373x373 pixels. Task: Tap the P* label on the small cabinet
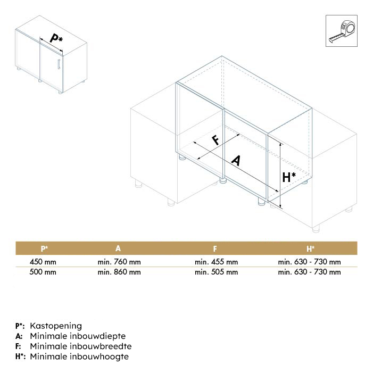(x=55, y=38)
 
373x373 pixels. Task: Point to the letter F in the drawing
(x=216, y=140)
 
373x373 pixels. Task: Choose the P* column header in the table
(x=44, y=248)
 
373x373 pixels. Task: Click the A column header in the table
(x=119, y=248)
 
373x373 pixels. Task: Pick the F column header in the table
(x=215, y=248)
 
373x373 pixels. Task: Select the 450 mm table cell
(x=43, y=262)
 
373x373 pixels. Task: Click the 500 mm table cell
(x=43, y=272)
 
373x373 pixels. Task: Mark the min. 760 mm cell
(x=119, y=262)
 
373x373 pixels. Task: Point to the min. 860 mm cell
(x=119, y=272)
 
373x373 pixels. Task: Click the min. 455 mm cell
(x=216, y=262)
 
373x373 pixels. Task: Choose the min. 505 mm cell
(x=216, y=272)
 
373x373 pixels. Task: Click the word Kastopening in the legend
(x=56, y=326)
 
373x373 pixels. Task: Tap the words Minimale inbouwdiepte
(x=78, y=336)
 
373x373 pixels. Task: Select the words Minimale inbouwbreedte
(x=81, y=346)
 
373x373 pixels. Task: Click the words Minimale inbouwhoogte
(x=79, y=357)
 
